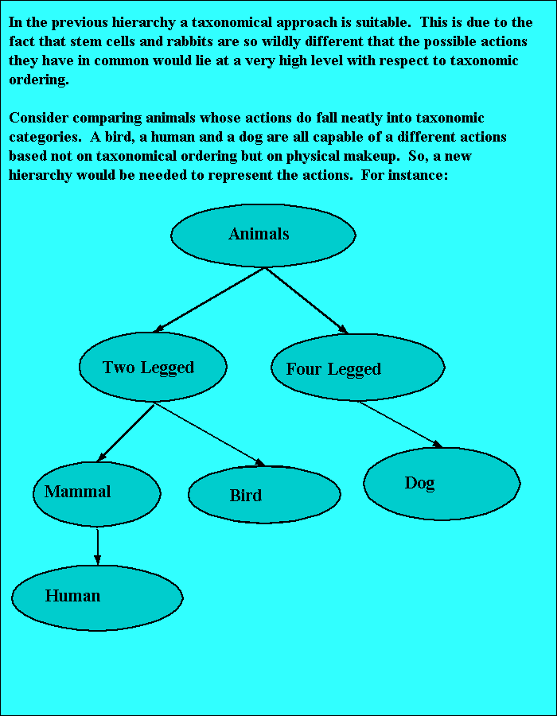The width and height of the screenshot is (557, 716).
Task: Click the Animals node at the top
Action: tap(263, 235)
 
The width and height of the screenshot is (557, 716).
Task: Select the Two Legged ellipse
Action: tap(153, 367)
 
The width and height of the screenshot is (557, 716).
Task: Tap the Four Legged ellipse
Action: tap(357, 368)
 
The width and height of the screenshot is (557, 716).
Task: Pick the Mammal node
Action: tap(96, 493)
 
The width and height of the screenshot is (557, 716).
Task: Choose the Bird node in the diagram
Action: tap(264, 495)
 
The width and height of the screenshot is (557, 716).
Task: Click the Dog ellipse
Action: tap(442, 484)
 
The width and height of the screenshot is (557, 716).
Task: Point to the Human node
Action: tap(97, 597)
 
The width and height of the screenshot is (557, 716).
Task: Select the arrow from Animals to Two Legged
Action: tap(208, 299)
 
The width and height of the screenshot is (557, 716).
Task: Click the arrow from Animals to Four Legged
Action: tap(306, 300)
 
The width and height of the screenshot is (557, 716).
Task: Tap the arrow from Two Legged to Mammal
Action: tap(125, 433)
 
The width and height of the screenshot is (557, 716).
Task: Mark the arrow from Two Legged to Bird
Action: tap(209, 434)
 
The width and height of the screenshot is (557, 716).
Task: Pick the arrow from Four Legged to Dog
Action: tap(400, 424)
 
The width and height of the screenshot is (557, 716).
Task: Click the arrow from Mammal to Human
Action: tap(97, 547)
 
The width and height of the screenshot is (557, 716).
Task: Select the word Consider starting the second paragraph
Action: tap(38, 119)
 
